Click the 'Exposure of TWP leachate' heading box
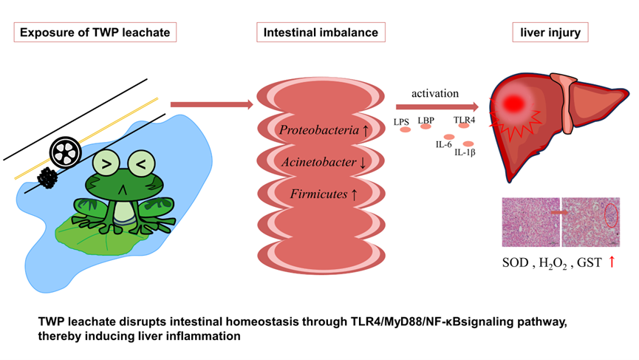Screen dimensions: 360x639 pos(97,33)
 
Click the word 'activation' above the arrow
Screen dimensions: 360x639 pos(437,94)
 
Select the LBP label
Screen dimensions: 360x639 pos(426,119)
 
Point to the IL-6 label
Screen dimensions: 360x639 pos(444,144)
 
